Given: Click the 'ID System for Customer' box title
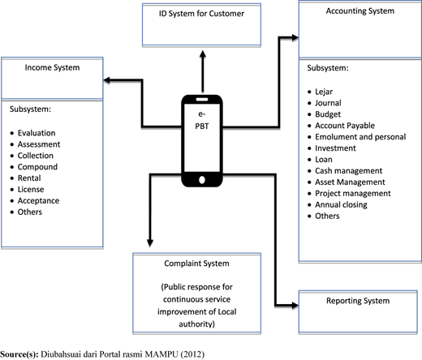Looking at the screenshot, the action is pos(201,14).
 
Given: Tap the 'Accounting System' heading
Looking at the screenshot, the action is pos(360,11).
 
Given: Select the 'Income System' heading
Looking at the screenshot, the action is pos(52,67).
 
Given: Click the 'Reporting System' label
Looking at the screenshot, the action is pos(358,301).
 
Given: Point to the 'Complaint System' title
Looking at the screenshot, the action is pos(196,264).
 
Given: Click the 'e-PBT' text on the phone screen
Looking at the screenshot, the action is pos(202,120).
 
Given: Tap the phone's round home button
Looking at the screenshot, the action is pos(202,180).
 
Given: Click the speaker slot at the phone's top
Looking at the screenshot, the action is pos(202,99).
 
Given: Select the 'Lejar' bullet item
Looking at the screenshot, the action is pos(324,92).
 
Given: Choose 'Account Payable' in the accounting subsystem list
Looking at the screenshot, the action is pos(345,126).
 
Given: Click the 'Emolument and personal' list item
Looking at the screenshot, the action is pos(360,137).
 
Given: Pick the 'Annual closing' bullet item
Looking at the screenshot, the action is pos(341,205).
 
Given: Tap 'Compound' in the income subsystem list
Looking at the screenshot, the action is pos(37,167).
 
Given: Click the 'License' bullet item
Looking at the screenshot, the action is pos(31,190).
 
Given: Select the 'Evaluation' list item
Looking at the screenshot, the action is pos(37,133).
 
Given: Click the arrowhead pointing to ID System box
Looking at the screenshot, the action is pos(203,54).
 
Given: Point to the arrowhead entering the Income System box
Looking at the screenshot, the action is pos(107,80).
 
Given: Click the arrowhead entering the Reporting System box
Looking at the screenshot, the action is pos(295,306).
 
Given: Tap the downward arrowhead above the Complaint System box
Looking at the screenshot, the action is pos(150,243).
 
